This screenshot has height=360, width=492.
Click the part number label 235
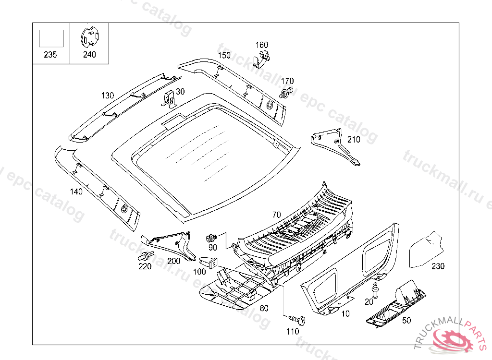pyautogui.click(x=50, y=55)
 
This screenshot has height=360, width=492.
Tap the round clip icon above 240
pyautogui.click(x=89, y=36)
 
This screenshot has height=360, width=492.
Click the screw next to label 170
pyautogui.click(x=286, y=93)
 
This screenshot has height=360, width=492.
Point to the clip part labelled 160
pyautogui.click(x=261, y=59)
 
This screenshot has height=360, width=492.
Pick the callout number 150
pyautogui.click(x=224, y=55)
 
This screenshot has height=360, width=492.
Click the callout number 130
pyautogui.click(x=108, y=96)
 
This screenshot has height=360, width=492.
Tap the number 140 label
pyautogui.click(x=76, y=192)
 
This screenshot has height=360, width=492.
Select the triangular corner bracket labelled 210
pyautogui.click(x=335, y=146)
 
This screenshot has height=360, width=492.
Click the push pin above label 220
pyautogui.click(x=147, y=255)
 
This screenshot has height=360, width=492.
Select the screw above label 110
pyautogui.click(x=297, y=319)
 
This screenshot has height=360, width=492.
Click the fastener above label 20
pyautogui.click(x=375, y=288)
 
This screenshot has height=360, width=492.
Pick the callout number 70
pyautogui.click(x=276, y=215)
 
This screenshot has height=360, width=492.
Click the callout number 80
pyautogui.click(x=264, y=308)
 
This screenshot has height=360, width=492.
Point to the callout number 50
pyautogui.click(x=406, y=320)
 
